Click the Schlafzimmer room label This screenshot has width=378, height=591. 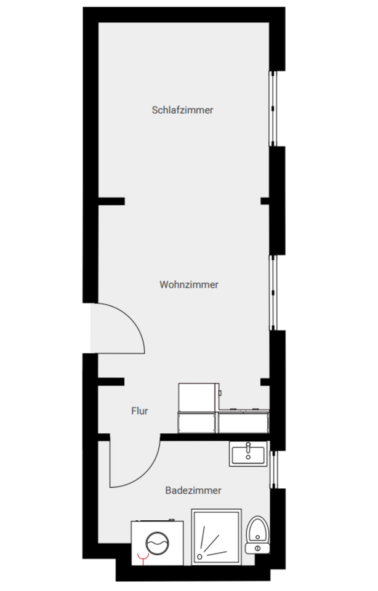(x=182, y=110)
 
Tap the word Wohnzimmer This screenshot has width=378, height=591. (x=189, y=284)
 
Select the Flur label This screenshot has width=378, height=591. (x=139, y=411)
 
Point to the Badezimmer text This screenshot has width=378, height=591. (x=193, y=491)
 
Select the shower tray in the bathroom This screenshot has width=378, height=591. (x=215, y=536)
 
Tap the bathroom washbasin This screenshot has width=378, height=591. (x=248, y=454)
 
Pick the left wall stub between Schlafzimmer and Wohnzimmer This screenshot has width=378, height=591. (x=111, y=201)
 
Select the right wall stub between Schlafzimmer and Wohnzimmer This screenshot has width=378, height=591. (x=265, y=201)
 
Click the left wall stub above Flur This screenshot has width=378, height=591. (x=111, y=382)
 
